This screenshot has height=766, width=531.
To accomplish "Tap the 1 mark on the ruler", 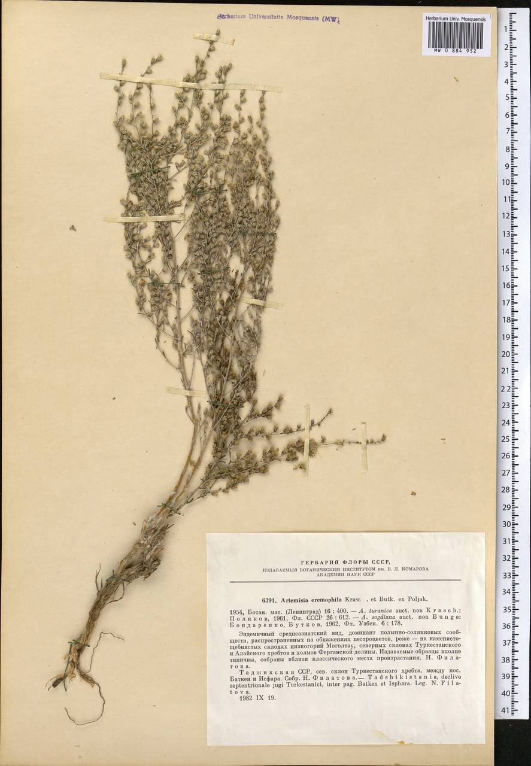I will [506, 29].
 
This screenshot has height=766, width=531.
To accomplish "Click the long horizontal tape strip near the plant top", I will [190, 83].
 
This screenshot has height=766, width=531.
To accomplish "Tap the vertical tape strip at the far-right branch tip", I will [363, 446].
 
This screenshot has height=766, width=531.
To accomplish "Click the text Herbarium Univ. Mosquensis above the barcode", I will [456, 19].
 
